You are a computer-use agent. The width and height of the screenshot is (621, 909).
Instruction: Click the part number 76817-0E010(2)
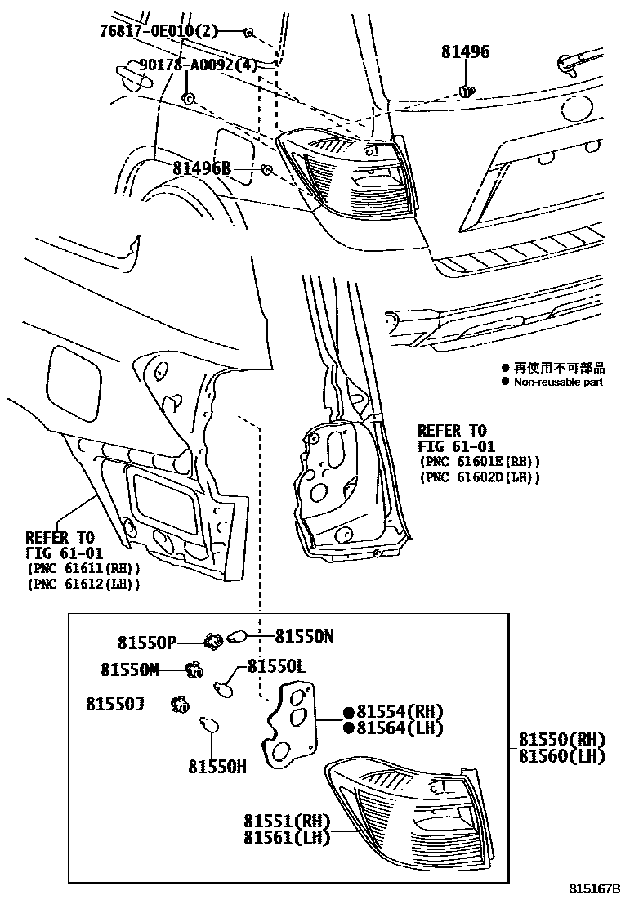(160, 31)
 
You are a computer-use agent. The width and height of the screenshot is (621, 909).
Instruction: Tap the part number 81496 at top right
(466, 52)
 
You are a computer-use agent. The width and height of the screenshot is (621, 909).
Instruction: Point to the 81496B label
(202, 168)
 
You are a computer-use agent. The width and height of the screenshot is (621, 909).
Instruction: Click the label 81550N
(304, 635)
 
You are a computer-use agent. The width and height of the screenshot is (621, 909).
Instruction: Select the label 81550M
(130, 669)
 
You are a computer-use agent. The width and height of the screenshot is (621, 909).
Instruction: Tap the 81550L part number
(276, 667)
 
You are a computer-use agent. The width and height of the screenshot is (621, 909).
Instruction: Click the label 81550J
(116, 703)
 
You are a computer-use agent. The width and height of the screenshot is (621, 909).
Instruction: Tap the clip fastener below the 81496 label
(467, 90)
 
